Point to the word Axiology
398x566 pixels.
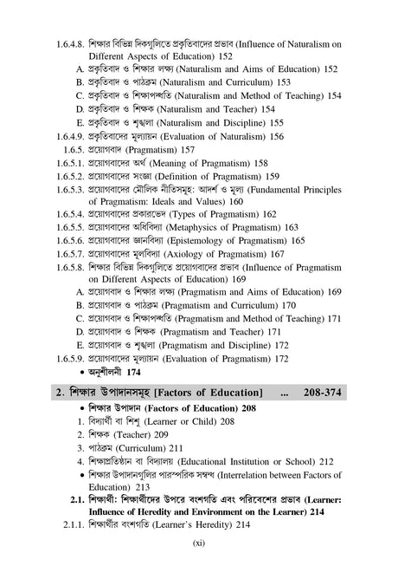(198, 254)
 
